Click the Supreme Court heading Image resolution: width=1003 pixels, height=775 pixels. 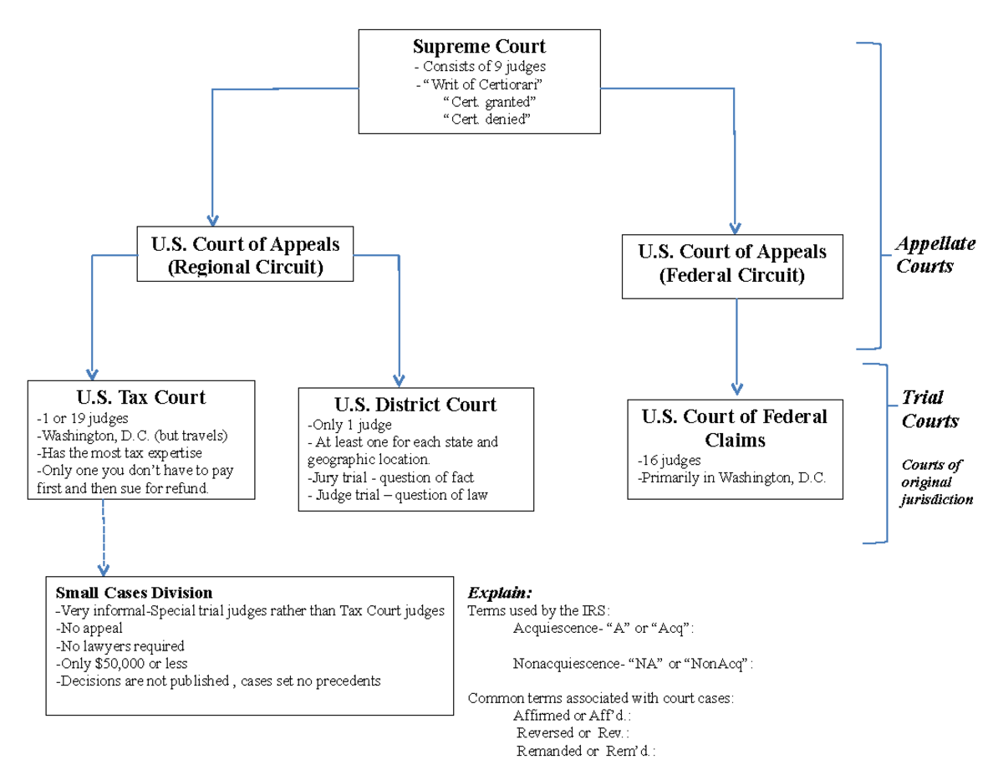[x=479, y=46]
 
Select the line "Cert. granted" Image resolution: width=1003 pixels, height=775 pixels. [x=489, y=102]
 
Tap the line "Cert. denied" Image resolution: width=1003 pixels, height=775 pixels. [x=487, y=120]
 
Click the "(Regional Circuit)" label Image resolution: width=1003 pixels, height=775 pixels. [x=246, y=268]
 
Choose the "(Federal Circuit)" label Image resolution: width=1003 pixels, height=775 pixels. [x=732, y=275]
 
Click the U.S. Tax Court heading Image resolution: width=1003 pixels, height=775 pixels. [x=140, y=398]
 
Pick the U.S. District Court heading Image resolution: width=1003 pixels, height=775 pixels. [x=415, y=405]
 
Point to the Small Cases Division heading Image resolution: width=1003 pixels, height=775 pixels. [x=134, y=593]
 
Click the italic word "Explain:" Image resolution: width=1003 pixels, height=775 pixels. [x=500, y=593]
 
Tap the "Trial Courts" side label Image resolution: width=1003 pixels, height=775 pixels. [x=929, y=409]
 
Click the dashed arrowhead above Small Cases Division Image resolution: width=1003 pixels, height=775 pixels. [x=104, y=569]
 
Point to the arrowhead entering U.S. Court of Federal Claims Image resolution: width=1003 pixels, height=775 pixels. [x=736, y=388]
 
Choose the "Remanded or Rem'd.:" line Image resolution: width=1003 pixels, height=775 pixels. [x=585, y=751]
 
